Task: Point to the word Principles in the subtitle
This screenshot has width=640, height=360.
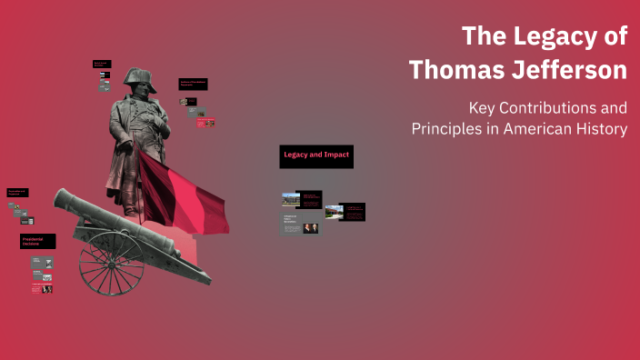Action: [x=445, y=129]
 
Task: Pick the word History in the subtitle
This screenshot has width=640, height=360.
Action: [x=601, y=129]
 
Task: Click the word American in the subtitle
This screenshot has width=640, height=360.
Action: [x=533, y=129]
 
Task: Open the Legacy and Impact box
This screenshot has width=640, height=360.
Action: [x=315, y=156]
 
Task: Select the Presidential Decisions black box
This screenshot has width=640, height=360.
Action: [x=38, y=242]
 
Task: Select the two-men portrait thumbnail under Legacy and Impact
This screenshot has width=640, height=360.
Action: [x=311, y=228]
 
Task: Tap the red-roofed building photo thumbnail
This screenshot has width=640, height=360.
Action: [x=334, y=212]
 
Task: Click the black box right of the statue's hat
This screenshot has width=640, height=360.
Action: [x=193, y=84]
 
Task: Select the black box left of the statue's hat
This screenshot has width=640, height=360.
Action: [x=102, y=65]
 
